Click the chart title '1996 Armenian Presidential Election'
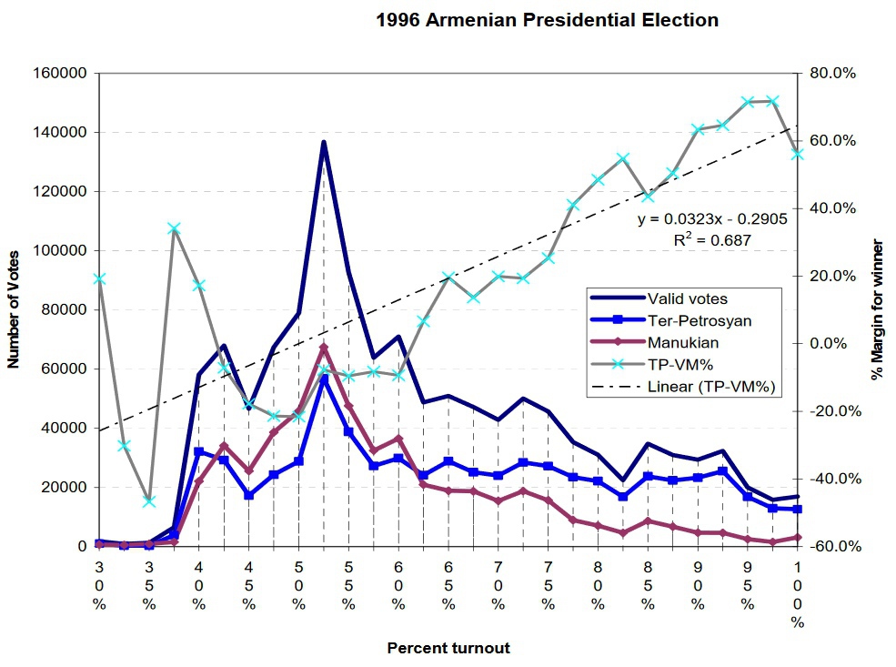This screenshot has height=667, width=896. [x=547, y=20]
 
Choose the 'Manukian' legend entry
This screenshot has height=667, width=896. [x=684, y=343]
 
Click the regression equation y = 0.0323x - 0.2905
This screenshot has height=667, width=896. [x=712, y=219]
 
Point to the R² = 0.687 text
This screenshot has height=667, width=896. [x=712, y=240]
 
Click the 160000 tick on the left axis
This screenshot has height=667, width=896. [x=60, y=74]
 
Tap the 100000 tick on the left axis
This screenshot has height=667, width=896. [x=60, y=251]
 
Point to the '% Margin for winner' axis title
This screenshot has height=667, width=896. [x=878, y=309]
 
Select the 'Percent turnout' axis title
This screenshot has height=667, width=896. [x=448, y=649]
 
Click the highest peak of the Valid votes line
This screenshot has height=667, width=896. [x=324, y=142]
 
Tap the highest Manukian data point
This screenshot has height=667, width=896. [x=324, y=348]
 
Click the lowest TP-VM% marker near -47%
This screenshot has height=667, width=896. [x=149, y=501]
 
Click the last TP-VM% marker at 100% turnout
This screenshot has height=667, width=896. [x=798, y=155]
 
